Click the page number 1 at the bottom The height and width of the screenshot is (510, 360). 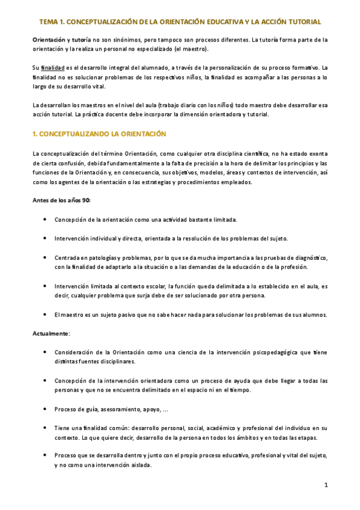tap(326, 485)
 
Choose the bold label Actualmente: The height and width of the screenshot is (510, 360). tap(52, 332)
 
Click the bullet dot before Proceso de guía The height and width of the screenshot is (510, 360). tap(46, 410)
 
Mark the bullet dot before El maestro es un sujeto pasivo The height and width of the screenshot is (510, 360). tap(46, 315)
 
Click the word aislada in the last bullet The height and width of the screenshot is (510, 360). tap(139, 465)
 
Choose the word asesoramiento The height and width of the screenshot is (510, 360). tap(113, 410)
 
